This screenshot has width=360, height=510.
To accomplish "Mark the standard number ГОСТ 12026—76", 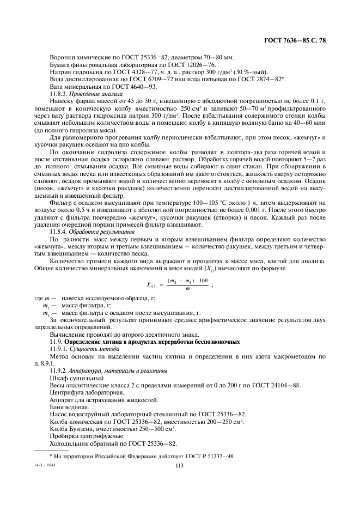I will pyautogui.click(x=163, y=64).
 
